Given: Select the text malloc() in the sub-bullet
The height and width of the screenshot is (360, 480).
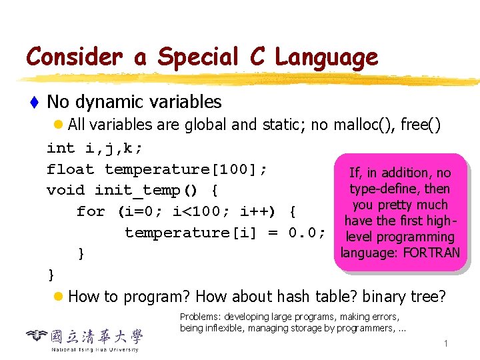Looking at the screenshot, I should (363, 125).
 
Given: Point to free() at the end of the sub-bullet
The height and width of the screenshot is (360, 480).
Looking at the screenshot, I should (421, 125).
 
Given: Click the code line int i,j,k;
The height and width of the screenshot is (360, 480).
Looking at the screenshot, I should (95, 148).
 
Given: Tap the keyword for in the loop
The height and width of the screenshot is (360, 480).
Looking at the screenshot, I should (91, 212).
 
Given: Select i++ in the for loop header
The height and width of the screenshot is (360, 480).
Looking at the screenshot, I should (255, 212).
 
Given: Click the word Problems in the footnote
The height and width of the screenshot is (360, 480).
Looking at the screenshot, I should (201, 317).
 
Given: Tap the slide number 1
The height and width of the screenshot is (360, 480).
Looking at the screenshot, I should (445, 343).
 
